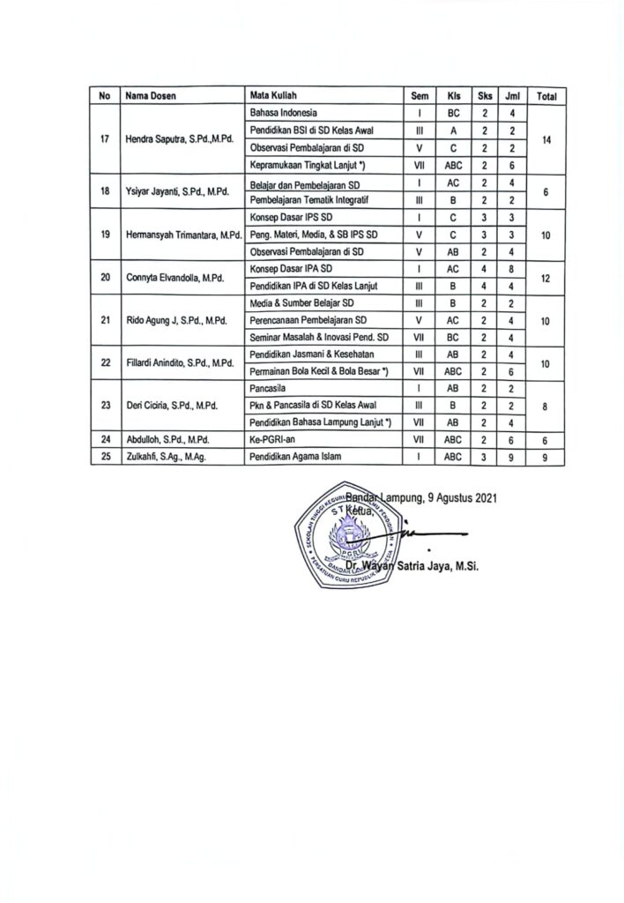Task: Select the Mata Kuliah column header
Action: coord(271,96)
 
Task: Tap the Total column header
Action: coord(546,96)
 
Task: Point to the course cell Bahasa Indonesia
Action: coord(284,113)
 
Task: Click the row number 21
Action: coord(106,320)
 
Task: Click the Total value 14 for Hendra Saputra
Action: coord(546,139)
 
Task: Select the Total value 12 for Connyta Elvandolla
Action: coord(546,277)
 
